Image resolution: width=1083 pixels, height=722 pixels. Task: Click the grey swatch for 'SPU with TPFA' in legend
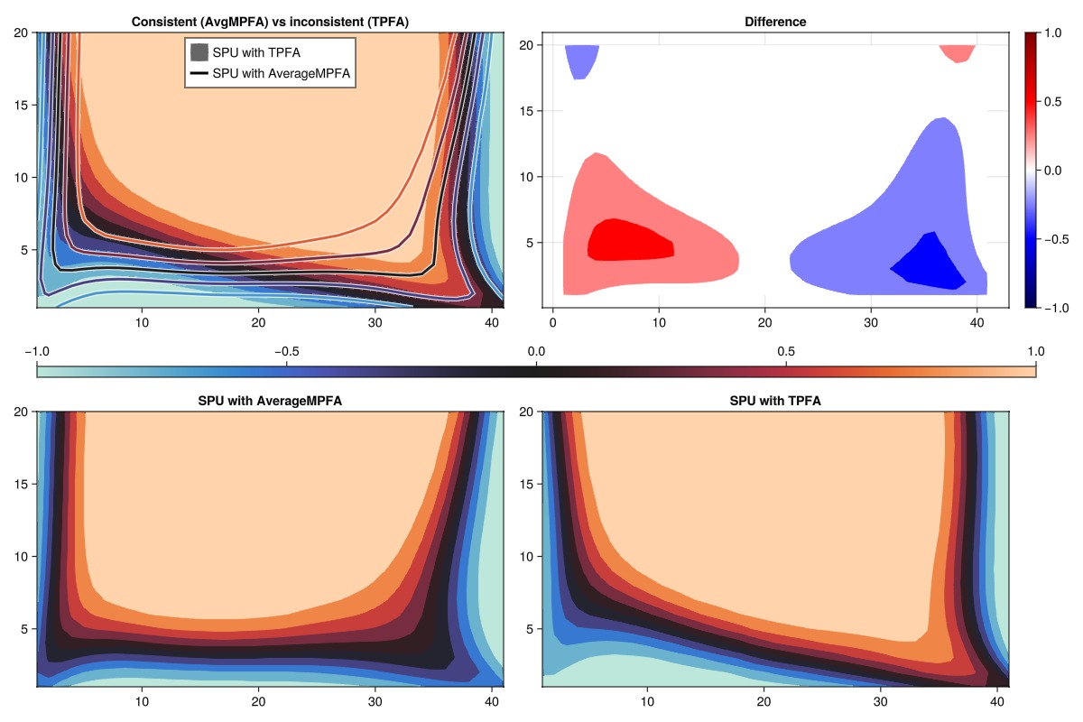pyautogui.click(x=199, y=52)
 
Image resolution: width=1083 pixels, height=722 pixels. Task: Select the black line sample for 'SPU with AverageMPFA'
pyautogui.click(x=199, y=74)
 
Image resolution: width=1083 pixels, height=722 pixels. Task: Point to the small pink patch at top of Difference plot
pyautogui.click(x=958, y=52)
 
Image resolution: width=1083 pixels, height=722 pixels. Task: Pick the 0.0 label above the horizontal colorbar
pyautogui.click(x=537, y=351)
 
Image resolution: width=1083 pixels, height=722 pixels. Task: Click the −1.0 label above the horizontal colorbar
pyautogui.click(x=37, y=351)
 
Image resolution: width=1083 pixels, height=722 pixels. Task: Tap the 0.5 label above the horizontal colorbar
pyautogui.click(x=786, y=351)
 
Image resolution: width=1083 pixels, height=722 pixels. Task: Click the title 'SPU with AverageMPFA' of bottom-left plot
pyautogui.click(x=270, y=401)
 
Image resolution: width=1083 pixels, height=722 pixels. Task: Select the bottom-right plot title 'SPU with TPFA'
pyautogui.click(x=775, y=401)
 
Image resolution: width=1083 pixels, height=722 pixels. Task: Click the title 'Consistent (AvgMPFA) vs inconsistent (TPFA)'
pyautogui.click(x=270, y=22)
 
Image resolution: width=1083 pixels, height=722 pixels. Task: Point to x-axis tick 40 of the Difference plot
pyautogui.click(x=977, y=321)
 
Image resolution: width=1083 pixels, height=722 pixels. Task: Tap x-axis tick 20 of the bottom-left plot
pyautogui.click(x=258, y=700)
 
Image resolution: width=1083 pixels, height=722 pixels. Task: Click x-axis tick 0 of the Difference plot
pyautogui.click(x=553, y=321)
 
